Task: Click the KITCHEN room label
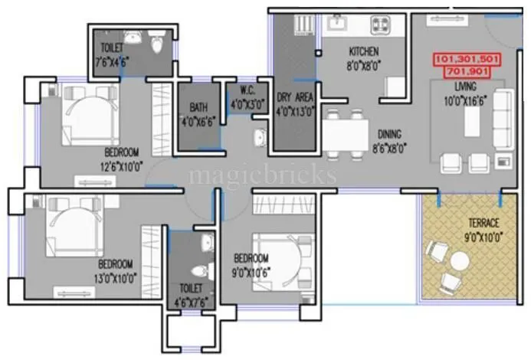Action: pyautogui.click(x=363, y=51)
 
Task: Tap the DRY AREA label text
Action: pyautogui.click(x=293, y=98)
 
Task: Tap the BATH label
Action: pyautogui.click(x=197, y=108)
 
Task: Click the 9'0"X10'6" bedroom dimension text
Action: pyautogui.click(x=251, y=269)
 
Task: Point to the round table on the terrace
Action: pyautogui.click(x=459, y=263)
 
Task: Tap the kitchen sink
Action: pyautogui.click(x=336, y=24)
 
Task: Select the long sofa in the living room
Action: pyautogui.click(x=502, y=117)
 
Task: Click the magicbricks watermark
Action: pyautogui.click(x=262, y=175)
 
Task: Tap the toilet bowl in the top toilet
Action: pyautogui.click(x=157, y=46)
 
